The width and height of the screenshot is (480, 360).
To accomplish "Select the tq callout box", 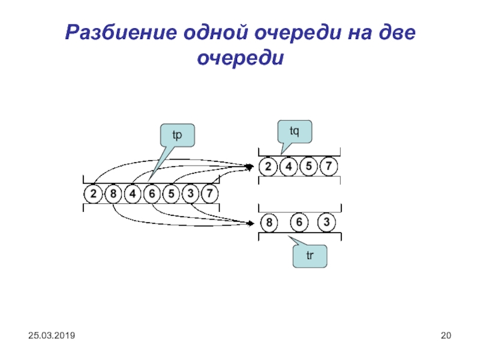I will coord(295,131).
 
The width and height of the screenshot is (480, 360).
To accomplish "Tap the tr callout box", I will coord(310,256).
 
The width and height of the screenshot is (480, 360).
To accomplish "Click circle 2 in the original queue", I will coord(93,194).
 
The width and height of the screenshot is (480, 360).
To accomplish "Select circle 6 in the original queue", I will coord(152,194).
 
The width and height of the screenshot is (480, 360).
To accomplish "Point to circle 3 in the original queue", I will coord(190,194).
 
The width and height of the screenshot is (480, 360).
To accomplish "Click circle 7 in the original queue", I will coord(209,194).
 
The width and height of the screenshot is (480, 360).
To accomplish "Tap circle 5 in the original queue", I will coord(171,194).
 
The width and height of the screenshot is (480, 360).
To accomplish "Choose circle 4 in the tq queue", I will coord(289,166).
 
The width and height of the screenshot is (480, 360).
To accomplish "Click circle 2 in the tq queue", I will coord(269,166).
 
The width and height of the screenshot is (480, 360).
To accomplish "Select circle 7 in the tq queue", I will coord(328,166).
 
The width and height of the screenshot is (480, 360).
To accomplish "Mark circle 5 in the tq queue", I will coord(308,166).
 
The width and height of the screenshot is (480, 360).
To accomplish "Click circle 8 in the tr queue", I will coord(269,223).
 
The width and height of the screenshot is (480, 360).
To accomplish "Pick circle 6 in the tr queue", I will coord(298,223).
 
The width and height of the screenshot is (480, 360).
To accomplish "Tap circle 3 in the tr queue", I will coord(326,223).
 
